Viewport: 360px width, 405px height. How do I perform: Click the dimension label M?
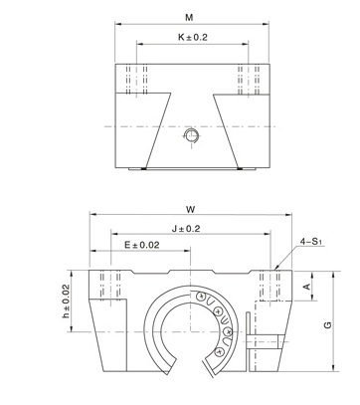pos(189,18)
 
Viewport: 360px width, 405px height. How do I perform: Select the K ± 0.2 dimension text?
pos(193,37)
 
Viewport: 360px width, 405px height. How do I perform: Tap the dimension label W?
pos(190,209)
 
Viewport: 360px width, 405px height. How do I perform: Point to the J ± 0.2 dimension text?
pos(186,229)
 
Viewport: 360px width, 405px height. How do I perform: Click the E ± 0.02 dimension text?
pos(142,245)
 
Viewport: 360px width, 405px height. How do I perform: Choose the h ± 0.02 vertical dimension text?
pos(66,302)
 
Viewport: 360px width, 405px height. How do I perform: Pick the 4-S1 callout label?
pos(311,242)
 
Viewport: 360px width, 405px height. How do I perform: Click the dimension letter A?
pos(307,286)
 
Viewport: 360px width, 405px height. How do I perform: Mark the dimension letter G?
pos(327,324)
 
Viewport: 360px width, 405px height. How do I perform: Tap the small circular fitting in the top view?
pos(191,135)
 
